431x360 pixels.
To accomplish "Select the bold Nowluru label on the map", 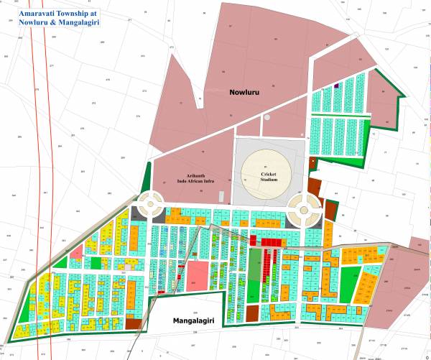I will [x=244, y=93].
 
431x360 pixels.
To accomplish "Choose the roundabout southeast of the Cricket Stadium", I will [x=302, y=211].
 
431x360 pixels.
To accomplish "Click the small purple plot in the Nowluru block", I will [x=336, y=86].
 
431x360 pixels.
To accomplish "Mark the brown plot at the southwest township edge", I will [x=134, y=323].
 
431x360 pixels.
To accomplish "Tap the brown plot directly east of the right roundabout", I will [x=331, y=211].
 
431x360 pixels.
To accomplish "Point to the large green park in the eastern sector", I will [x=348, y=281].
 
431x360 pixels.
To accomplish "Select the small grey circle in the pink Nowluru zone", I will [x=267, y=116].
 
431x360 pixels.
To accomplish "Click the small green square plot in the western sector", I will [x=96, y=262].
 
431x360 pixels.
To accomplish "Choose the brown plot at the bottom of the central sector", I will [x=252, y=313].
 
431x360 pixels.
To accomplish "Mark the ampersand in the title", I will [x=61, y=23].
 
